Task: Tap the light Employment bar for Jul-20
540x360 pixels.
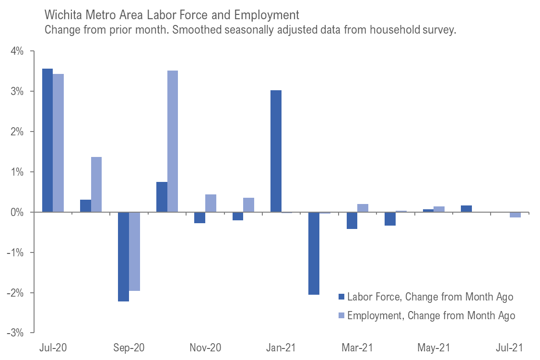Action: pyautogui.click(x=58, y=143)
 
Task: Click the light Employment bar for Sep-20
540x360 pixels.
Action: pyautogui.click(x=134, y=251)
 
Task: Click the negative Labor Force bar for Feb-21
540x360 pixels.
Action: pyautogui.click(x=314, y=253)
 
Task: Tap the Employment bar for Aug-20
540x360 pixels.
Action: pyautogui.click(x=96, y=184)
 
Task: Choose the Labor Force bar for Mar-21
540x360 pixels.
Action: pyautogui.click(x=352, y=220)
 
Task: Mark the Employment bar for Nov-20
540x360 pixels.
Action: pyautogui.click(x=211, y=203)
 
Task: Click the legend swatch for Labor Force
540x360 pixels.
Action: pyautogui.click(x=341, y=297)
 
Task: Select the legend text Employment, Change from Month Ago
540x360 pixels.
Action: pyautogui.click(x=431, y=315)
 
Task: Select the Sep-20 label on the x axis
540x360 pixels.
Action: pyautogui.click(x=129, y=348)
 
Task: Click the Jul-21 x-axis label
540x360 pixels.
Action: pyautogui.click(x=509, y=348)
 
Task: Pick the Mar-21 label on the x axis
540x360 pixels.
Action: pyautogui.click(x=357, y=348)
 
